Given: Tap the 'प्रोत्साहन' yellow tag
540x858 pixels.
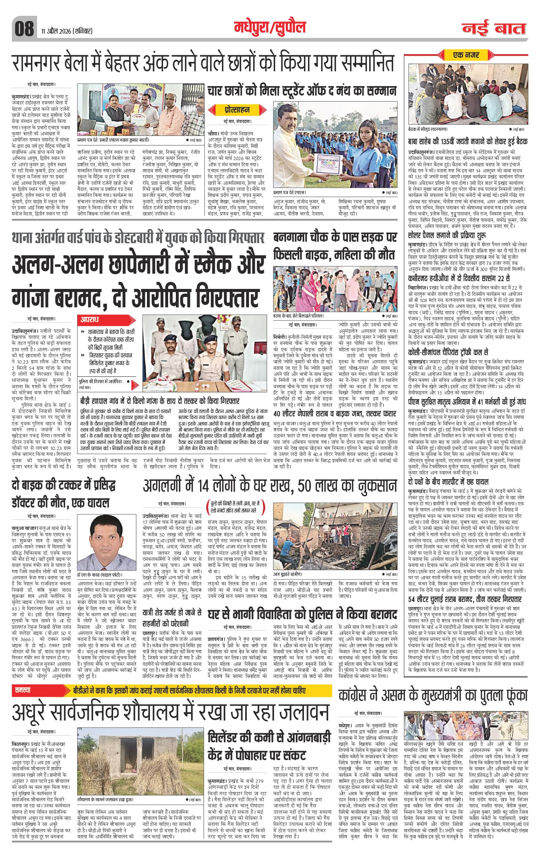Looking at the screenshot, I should [x=236, y=109].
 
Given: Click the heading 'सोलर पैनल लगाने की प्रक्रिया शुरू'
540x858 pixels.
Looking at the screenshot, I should [x=452, y=235].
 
